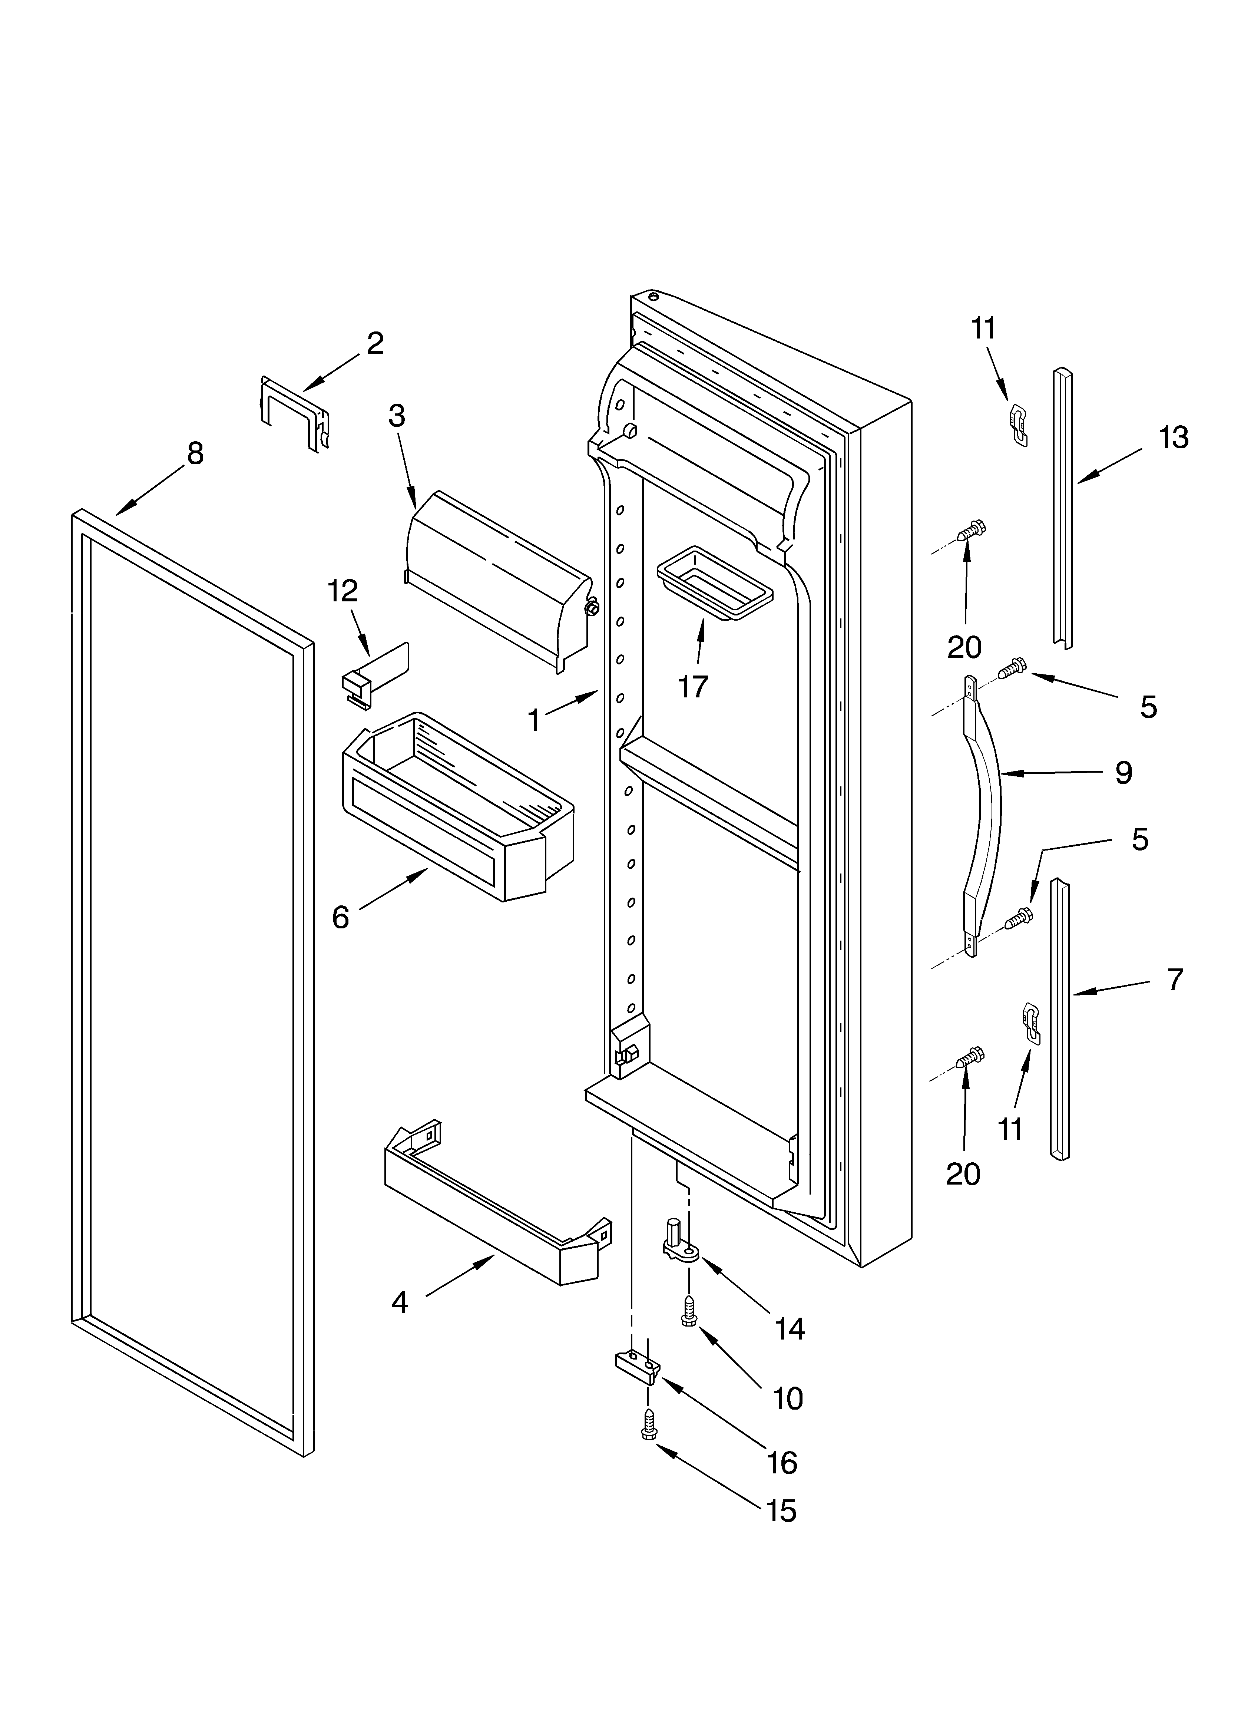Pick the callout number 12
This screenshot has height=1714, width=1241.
point(342,591)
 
